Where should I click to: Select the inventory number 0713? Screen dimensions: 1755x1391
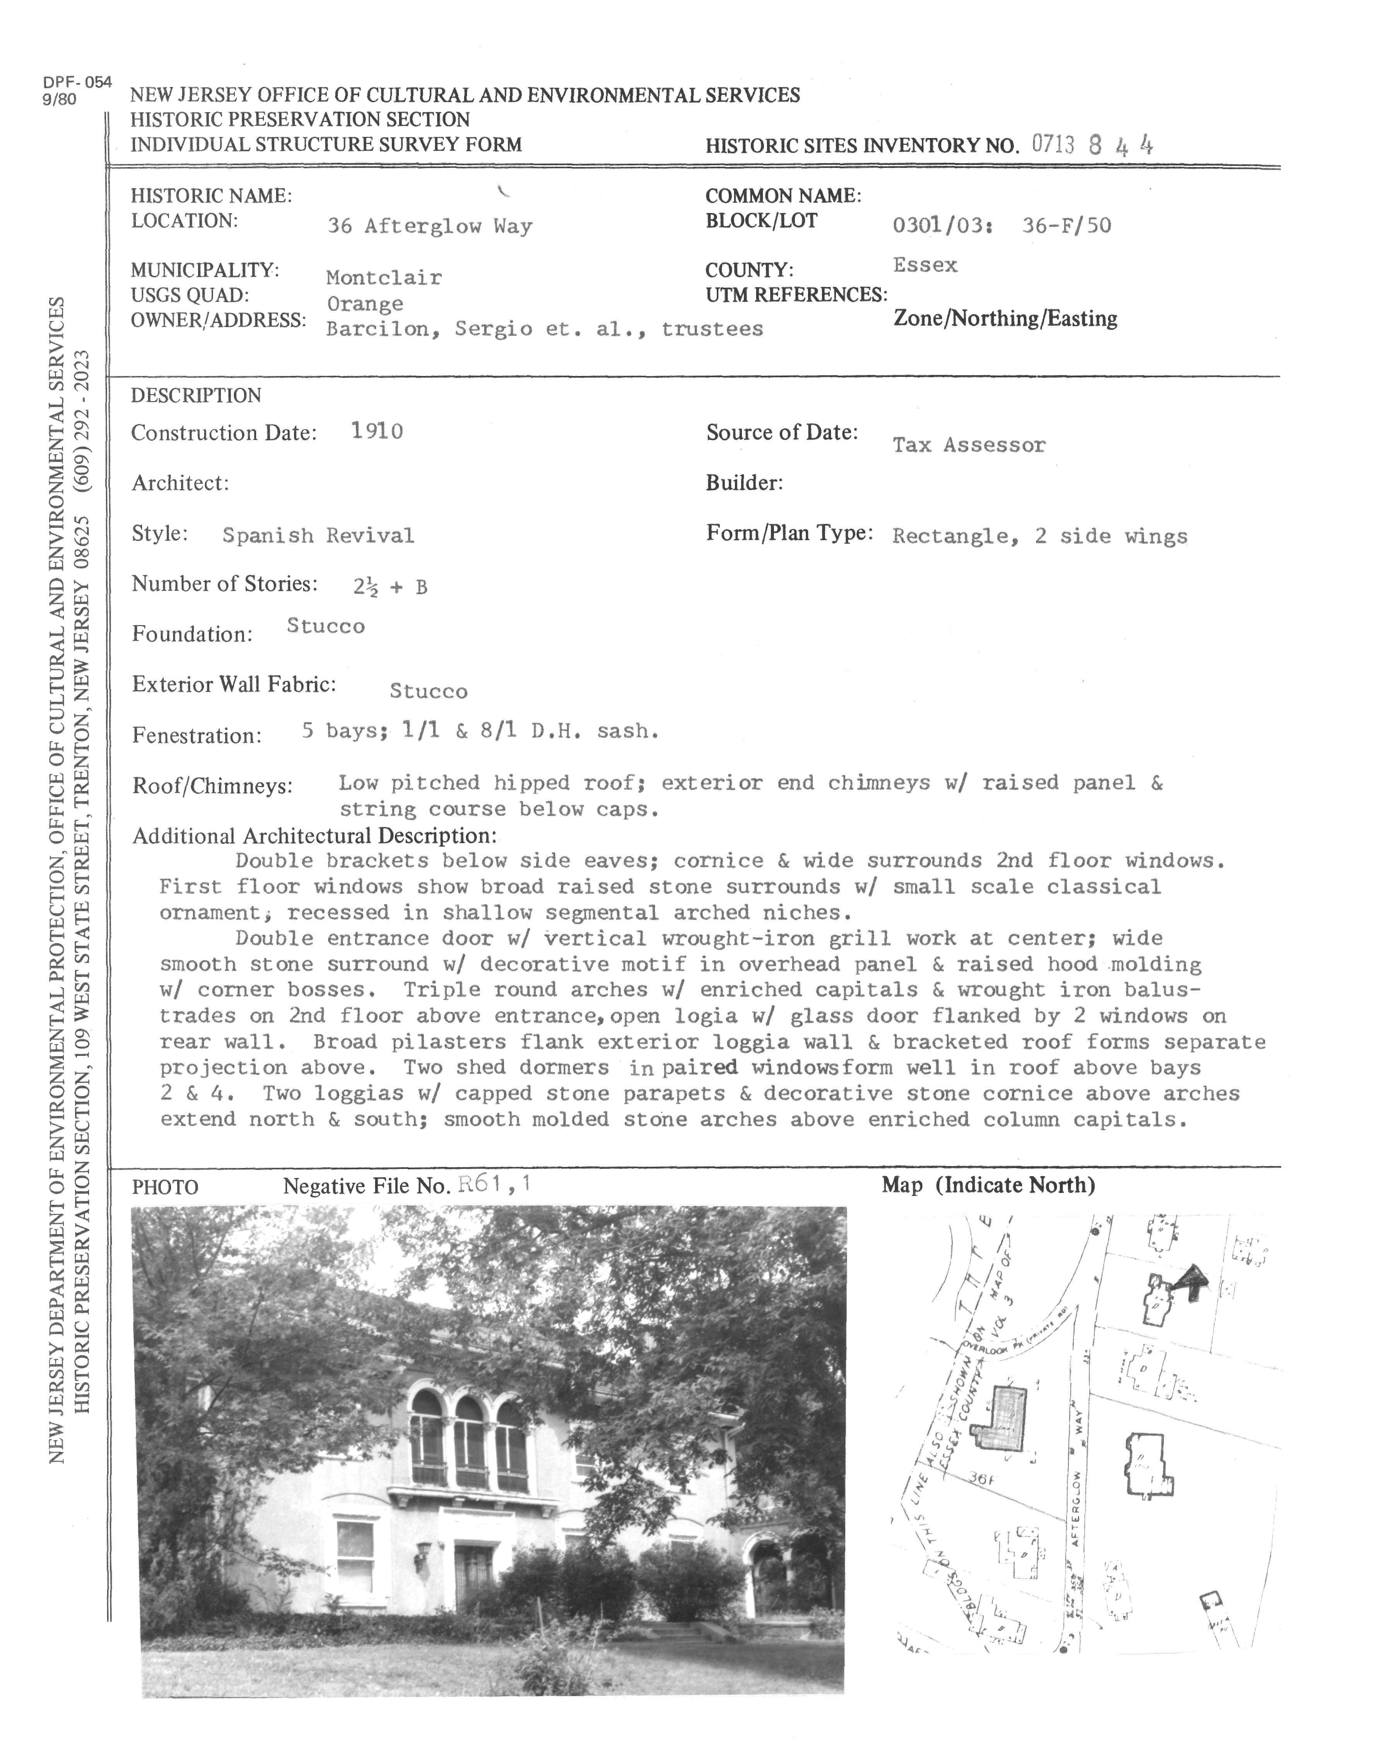(1052, 145)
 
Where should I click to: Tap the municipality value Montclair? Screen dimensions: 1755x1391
(383, 277)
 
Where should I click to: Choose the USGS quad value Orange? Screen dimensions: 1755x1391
(365, 304)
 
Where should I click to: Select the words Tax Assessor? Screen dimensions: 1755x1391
(969, 445)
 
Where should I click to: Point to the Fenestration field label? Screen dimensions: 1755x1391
(196, 735)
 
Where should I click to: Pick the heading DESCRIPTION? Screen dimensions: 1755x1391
(196, 395)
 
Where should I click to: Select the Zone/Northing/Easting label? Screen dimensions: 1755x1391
(1005, 318)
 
